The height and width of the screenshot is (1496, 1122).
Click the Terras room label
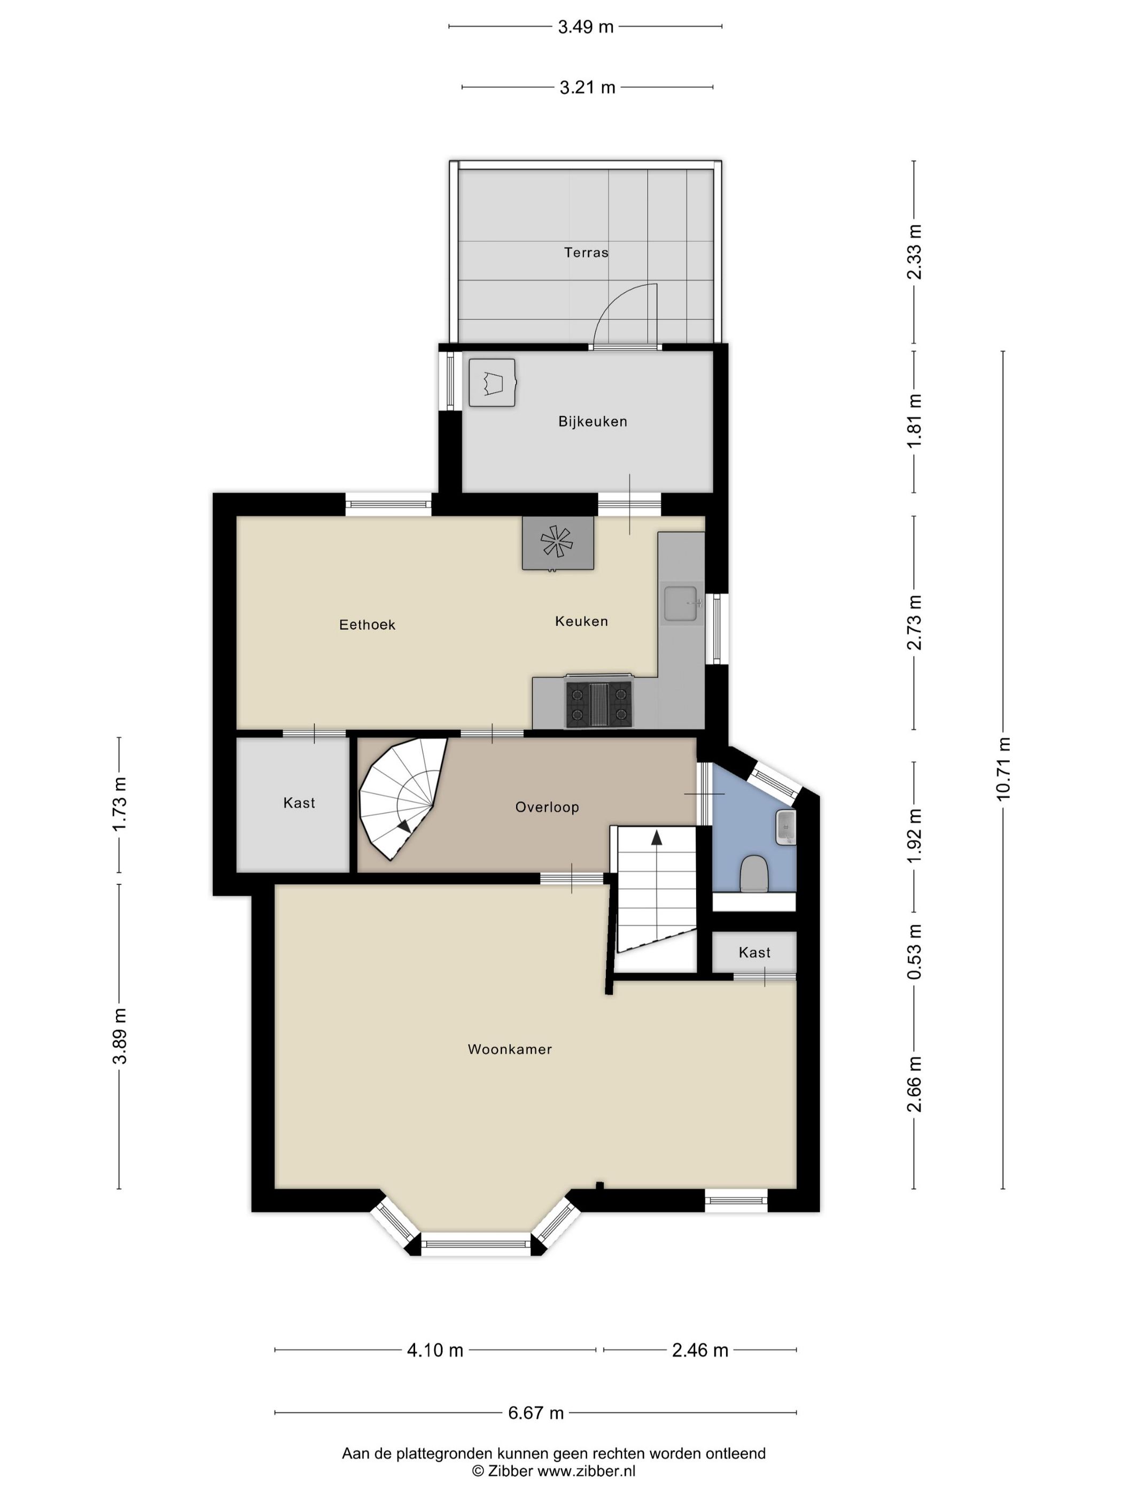point(586,252)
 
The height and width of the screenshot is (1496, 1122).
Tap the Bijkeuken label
point(593,422)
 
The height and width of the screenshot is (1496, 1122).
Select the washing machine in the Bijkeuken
point(492,383)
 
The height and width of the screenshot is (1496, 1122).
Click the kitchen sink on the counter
point(680,603)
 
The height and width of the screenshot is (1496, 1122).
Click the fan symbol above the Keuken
point(557,542)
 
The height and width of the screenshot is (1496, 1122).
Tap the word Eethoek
point(367,624)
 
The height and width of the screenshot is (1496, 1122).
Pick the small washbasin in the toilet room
point(786,827)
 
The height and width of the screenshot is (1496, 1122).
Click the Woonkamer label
point(509,1049)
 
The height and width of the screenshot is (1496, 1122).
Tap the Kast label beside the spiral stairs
point(299,803)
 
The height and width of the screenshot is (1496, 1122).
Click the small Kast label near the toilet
point(754,952)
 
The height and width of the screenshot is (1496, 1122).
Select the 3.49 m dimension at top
point(585,27)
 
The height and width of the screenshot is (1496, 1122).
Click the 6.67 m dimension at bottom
point(536,1412)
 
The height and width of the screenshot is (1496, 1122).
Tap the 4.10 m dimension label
point(435,1350)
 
